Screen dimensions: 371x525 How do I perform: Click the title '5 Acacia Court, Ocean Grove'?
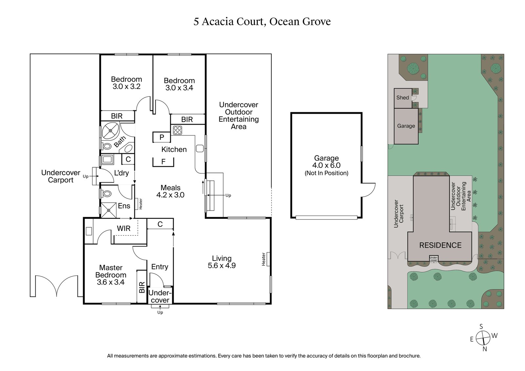[x=262, y=22]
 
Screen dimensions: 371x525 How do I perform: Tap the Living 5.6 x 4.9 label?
[x=221, y=262]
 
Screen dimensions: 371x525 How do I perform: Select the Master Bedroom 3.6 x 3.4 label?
[x=111, y=275]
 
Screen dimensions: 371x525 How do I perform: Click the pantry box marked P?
[x=162, y=137]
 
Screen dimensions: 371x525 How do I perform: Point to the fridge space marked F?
[x=163, y=162]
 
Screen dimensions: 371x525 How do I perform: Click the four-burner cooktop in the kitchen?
[x=178, y=130]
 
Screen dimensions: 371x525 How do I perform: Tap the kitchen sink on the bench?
[x=200, y=148]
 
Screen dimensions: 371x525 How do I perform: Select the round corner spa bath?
[x=111, y=131]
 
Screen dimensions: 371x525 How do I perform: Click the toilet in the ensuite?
[x=107, y=194]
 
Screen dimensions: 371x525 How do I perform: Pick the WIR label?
[x=124, y=228]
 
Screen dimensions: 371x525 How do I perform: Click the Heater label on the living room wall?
[x=263, y=259]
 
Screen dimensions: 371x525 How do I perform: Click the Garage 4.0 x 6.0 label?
[x=326, y=165]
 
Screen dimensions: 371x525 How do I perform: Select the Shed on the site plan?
[x=403, y=98]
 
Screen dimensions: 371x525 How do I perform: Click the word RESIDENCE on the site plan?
[x=440, y=245]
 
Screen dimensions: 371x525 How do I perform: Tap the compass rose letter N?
[x=485, y=349]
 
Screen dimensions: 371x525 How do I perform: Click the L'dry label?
[x=121, y=173]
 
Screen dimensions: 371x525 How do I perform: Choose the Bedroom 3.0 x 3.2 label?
[x=126, y=83]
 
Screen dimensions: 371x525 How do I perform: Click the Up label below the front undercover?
[x=160, y=312]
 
